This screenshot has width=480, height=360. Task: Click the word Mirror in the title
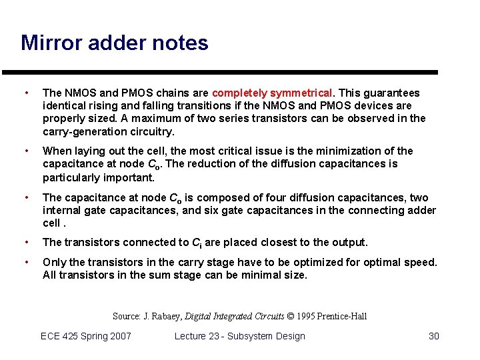click(x=49, y=43)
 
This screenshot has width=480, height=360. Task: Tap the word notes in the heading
click(x=180, y=43)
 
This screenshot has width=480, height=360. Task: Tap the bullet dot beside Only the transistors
click(x=25, y=262)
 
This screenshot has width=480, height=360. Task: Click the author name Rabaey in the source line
click(x=163, y=316)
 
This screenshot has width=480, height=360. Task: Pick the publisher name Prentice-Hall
click(x=343, y=316)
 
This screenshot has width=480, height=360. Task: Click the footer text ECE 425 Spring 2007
click(x=86, y=336)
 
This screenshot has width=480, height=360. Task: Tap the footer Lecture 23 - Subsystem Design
click(x=239, y=336)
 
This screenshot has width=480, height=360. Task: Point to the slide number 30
click(x=433, y=336)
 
